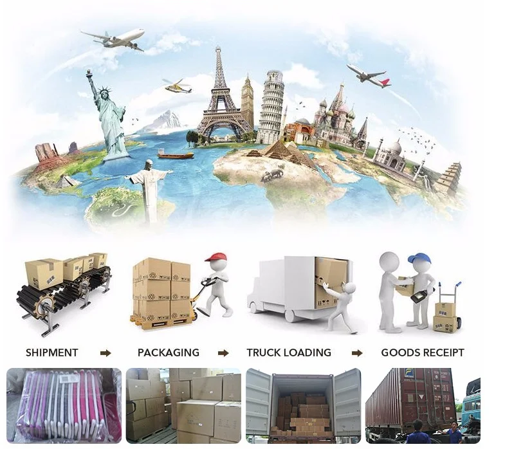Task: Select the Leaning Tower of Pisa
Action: [x=271, y=109]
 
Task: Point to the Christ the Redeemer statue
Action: [x=149, y=183]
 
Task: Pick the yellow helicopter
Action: [x=178, y=86]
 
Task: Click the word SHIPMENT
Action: [x=51, y=353]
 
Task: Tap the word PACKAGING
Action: [x=169, y=353]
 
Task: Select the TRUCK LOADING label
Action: [x=289, y=353]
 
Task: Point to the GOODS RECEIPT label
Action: [x=422, y=353]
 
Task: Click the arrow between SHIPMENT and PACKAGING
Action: [x=106, y=353]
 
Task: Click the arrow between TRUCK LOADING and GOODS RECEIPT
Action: [x=357, y=353]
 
